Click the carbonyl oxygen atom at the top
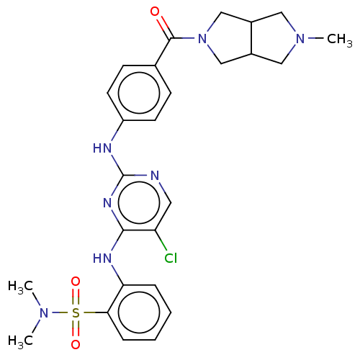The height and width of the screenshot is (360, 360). [x=155, y=12]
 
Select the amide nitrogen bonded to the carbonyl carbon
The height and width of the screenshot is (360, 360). [x=202, y=38]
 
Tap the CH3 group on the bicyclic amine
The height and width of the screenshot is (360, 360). [x=339, y=39]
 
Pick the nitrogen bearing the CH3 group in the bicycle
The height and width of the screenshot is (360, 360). [x=300, y=38]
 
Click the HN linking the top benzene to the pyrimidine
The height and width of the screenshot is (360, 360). [x=102, y=148]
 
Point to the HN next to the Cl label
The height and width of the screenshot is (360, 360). [x=102, y=258]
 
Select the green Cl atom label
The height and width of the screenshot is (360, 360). [x=171, y=258]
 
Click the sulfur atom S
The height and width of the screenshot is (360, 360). [x=76, y=313]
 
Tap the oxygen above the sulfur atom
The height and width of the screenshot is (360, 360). [x=76, y=282]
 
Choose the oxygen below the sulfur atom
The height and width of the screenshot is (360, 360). [x=76, y=345]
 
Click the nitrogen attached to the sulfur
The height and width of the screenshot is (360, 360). [x=44, y=313]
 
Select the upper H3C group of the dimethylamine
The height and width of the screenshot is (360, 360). [x=20, y=287]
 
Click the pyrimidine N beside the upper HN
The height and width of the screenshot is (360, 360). [x=155, y=176]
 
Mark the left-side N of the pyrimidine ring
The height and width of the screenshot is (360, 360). [x=107, y=203]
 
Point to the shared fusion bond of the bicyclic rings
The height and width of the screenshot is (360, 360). [x=251, y=38]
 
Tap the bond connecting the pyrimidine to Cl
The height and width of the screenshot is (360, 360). [x=161, y=240]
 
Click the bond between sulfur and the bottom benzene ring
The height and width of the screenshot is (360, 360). [x=95, y=312]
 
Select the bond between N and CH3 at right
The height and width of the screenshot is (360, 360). [x=316, y=38]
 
